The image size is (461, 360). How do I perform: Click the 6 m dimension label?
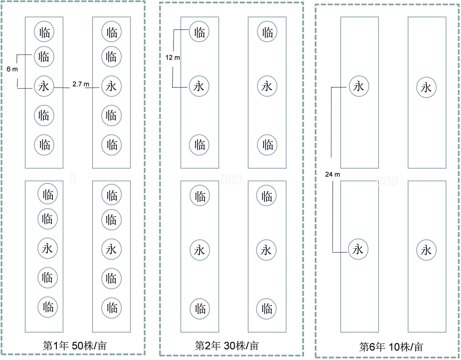pos(12,69)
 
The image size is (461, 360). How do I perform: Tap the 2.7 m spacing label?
pos(80,84)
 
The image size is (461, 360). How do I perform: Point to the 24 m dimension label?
pos(332,175)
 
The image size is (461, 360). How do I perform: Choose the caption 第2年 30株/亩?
pos(227,345)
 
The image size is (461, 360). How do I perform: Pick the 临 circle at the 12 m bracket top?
pos(199,32)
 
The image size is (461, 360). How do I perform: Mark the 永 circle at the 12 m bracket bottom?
pos(199,86)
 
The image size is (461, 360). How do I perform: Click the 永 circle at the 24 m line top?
pos(358,86)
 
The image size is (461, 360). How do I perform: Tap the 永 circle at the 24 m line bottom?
pos(358,249)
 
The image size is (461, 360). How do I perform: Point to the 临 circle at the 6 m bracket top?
pos(44,56)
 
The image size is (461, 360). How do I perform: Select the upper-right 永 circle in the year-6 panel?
pos(426,87)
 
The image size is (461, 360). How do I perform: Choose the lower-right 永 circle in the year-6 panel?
pos(426,250)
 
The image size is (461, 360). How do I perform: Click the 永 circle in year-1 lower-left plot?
pos(47,248)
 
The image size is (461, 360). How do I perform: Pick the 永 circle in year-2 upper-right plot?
pos(267,86)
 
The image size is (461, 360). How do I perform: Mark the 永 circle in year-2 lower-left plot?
pos(199,250)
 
